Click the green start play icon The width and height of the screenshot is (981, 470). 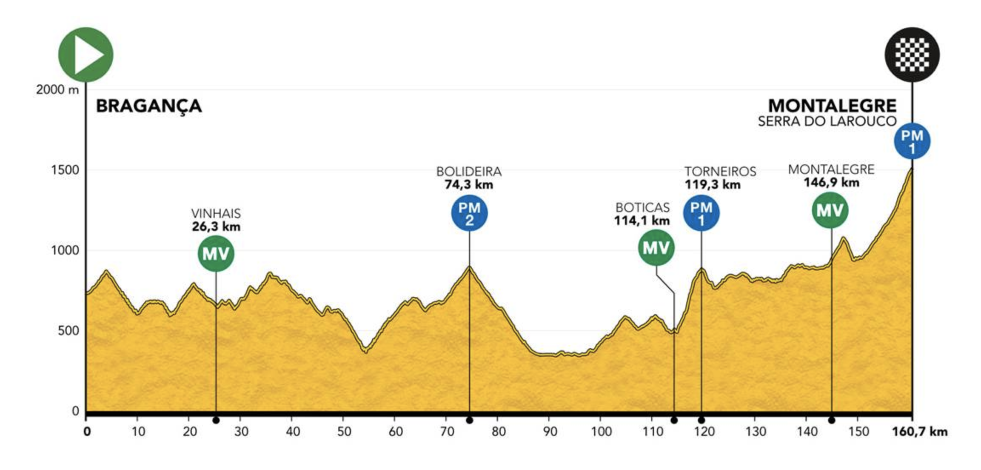86,54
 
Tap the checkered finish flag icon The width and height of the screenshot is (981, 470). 912,54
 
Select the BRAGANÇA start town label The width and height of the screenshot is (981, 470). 148,106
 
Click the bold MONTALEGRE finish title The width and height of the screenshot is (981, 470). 832,106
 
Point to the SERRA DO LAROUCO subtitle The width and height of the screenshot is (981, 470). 827,121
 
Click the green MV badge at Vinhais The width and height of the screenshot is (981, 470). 216,253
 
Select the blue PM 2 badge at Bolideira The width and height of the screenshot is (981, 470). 469,213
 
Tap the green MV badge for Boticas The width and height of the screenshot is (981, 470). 656,247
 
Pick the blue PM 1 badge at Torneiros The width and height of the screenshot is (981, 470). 701,213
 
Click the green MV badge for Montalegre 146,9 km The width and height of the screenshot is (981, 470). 830,210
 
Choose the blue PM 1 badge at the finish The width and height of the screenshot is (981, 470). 912,141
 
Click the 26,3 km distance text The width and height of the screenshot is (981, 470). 216,226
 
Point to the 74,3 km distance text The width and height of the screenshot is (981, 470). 469,185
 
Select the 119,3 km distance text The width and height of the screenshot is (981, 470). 713,185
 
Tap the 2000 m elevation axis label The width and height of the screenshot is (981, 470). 57,90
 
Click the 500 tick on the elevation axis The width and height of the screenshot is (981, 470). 68,331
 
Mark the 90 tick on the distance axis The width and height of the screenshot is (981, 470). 550,432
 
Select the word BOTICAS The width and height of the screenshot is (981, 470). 642,207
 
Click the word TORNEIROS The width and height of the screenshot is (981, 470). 720,172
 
